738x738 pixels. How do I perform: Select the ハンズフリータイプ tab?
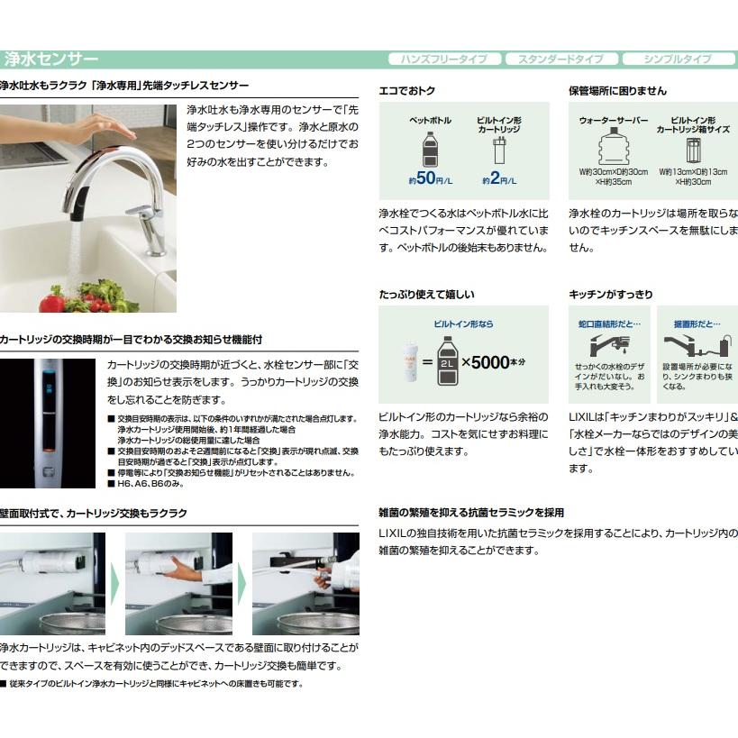coord(443,59)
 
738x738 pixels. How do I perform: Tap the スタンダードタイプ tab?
coord(560,59)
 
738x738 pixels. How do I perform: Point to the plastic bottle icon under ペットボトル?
coord(430,149)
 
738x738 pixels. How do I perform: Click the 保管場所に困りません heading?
coord(617,91)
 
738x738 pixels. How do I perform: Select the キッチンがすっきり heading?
coord(610,295)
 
